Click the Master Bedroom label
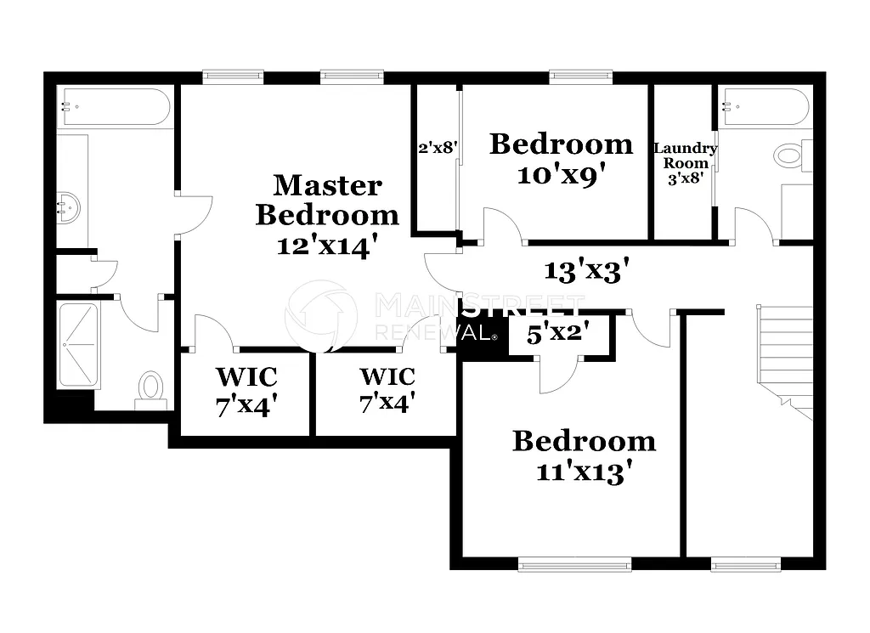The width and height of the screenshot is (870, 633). (x=326, y=199)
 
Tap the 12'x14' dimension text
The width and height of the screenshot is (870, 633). (x=326, y=246)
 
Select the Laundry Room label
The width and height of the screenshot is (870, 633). (x=685, y=155)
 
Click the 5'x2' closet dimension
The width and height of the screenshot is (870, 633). (x=558, y=334)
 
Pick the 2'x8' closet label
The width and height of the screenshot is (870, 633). (x=438, y=147)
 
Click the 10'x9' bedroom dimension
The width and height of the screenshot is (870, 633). (x=562, y=174)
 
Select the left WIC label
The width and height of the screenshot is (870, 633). (x=246, y=376)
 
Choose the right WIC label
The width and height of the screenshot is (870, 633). (x=387, y=376)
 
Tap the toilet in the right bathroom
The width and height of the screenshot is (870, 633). (x=791, y=155)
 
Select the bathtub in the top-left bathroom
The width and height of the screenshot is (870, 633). (x=114, y=107)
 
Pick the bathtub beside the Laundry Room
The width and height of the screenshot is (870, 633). (x=765, y=107)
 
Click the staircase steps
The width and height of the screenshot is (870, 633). (x=785, y=353)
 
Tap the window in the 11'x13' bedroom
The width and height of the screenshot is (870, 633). (x=574, y=563)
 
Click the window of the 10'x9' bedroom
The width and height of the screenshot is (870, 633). (x=580, y=76)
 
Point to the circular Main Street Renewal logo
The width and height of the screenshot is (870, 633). (x=320, y=315)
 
